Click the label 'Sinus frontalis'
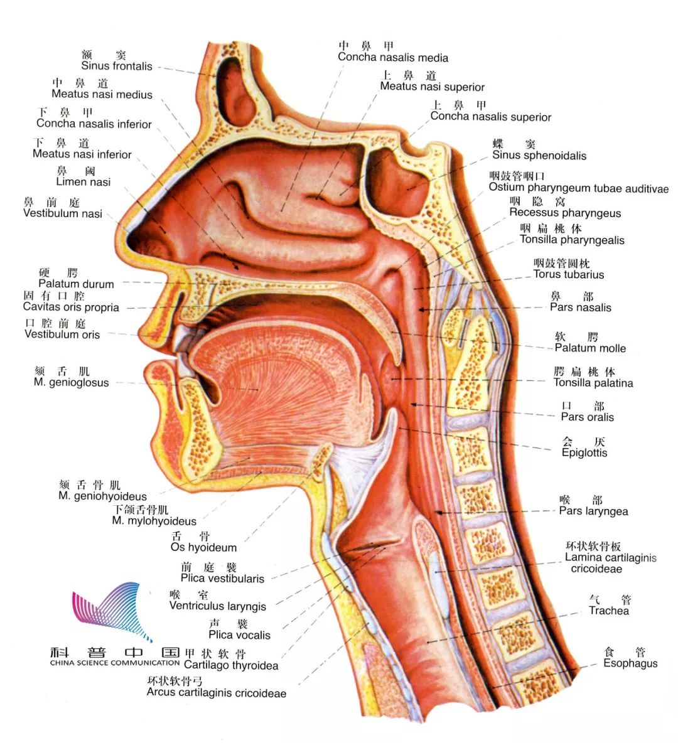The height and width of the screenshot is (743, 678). point(117,66)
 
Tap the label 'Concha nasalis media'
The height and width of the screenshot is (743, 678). point(393,58)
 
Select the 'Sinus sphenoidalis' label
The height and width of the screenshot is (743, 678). point(539,156)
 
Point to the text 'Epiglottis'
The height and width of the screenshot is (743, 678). point(584,452)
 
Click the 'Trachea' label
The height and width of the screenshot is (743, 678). point(608,611)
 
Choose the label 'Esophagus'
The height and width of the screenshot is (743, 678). point(630,663)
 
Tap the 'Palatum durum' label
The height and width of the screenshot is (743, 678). point(76,284)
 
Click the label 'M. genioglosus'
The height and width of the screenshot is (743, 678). point(71,382)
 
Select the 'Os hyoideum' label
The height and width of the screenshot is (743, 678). point(203,547)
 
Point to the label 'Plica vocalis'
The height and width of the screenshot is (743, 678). point(239,634)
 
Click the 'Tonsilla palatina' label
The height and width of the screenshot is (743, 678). point(593,383)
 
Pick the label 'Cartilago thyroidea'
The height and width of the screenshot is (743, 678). point(231,665)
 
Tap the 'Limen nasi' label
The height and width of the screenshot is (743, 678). point(83,182)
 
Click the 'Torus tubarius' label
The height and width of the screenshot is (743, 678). point(569,274)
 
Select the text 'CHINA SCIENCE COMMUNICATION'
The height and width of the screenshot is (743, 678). point(115,663)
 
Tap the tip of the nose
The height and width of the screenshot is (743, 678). point(129,238)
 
